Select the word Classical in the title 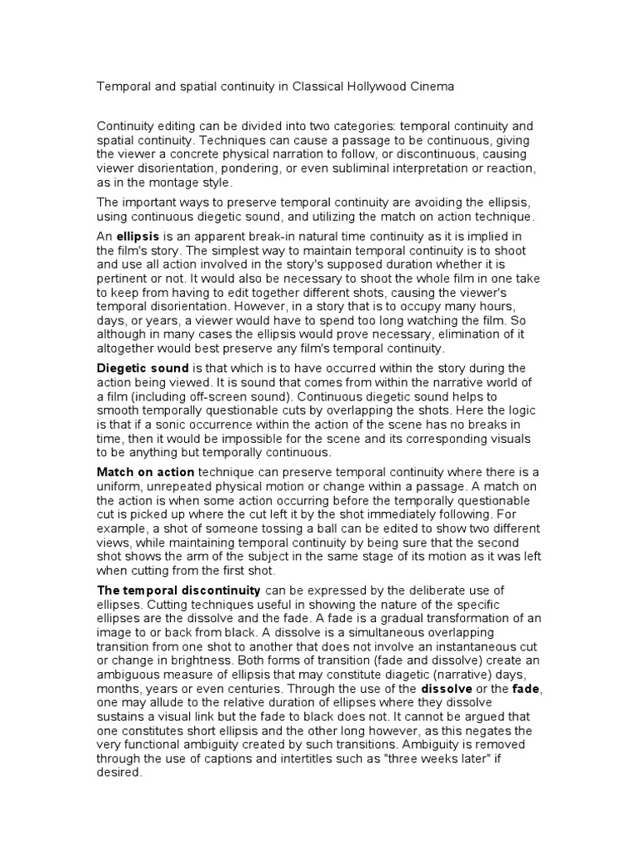(315, 87)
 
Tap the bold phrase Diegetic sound (143, 368)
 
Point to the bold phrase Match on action (146, 472)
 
